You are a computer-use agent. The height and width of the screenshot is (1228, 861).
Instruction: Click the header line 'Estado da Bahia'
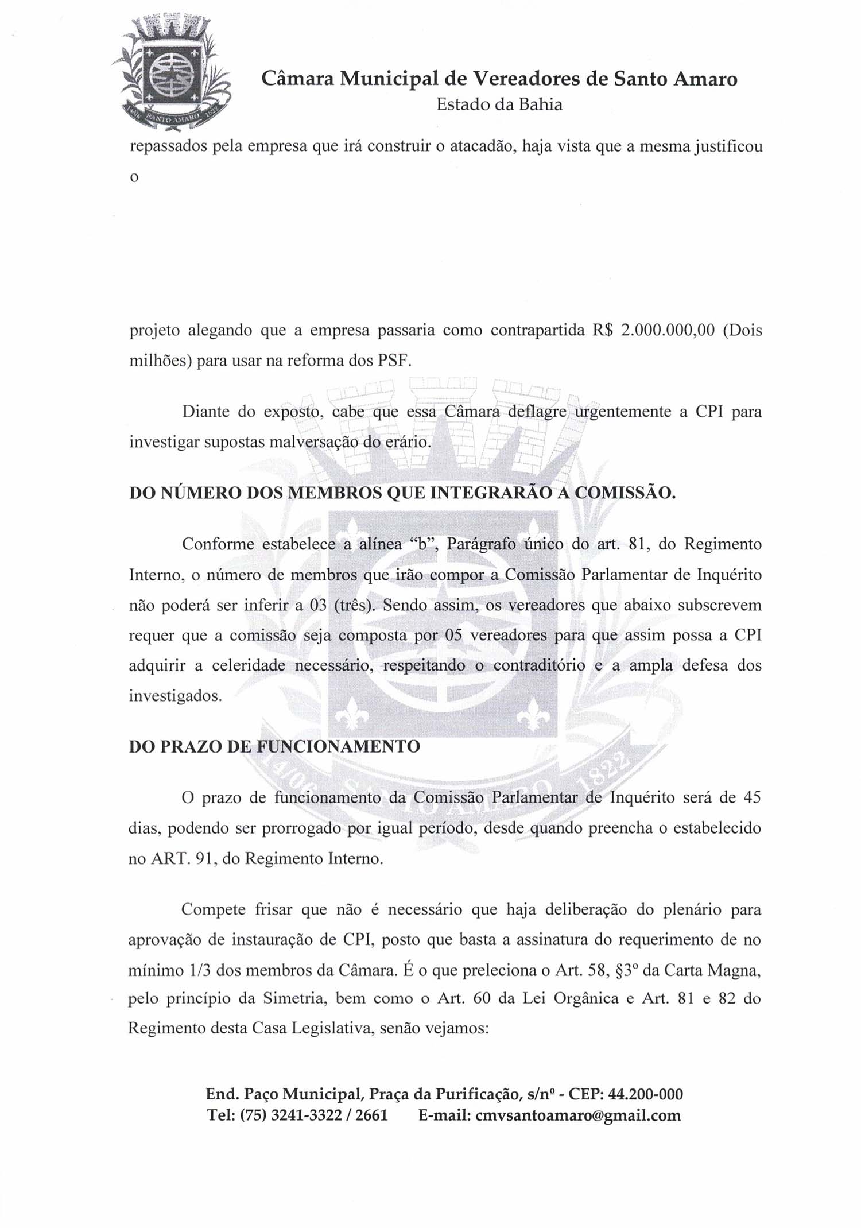coord(499,104)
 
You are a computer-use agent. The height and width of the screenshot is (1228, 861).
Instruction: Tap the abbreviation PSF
coord(394,361)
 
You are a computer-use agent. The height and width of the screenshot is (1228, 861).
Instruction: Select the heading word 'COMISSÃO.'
coord(625,493)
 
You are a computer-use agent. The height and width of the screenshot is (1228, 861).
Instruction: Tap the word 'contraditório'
coord(539,666)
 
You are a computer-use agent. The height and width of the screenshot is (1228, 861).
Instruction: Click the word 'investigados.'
coord(175,696)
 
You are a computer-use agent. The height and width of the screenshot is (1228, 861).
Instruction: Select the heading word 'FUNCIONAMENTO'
coord(338,747)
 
